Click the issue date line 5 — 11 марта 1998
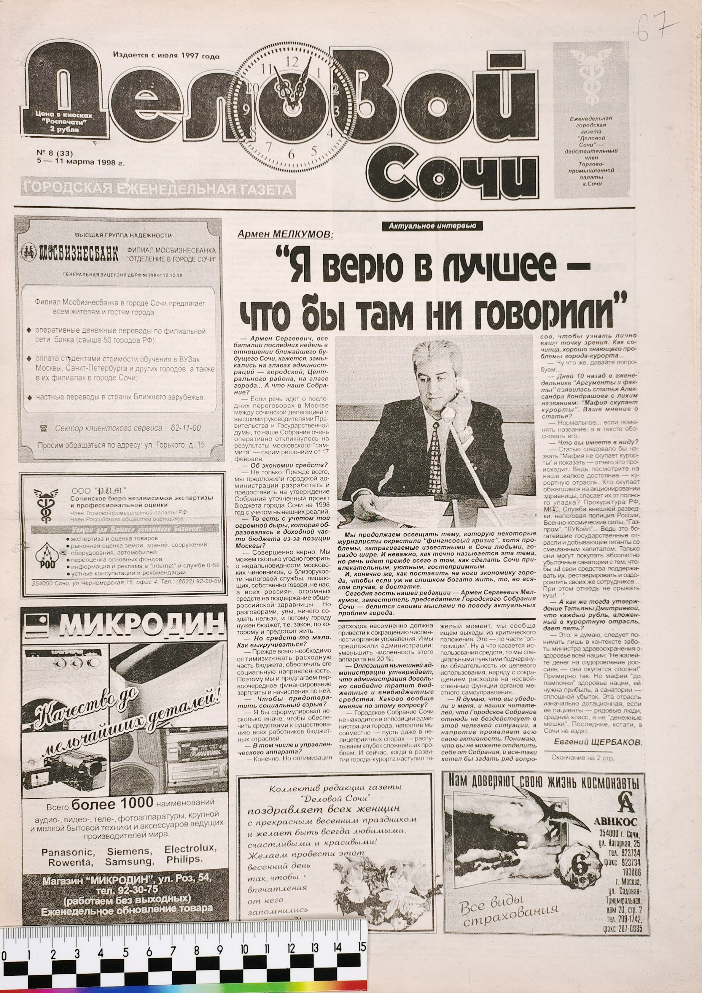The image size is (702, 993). coord(81,164)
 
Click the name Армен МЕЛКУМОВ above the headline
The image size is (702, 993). coord(285,234)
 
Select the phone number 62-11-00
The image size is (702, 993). coord(186,428)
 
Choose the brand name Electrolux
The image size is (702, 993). coord(191,848)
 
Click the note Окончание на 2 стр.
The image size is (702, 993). coord(582,757)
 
